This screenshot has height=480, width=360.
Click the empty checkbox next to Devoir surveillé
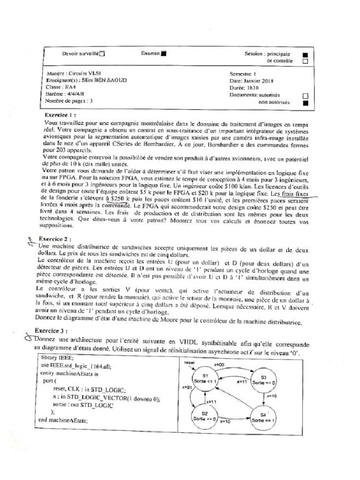coord(103,54)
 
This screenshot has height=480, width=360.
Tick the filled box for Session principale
coord(305,54)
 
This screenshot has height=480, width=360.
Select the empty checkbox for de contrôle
coord(305,61)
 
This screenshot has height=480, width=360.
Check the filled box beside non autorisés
coord(305,103)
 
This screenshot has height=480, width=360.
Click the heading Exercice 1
coord(61,115)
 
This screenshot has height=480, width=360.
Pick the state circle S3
coord(263,380)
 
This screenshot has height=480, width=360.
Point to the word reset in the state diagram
coord(189,362)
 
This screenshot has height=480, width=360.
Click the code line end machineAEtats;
coord(63,420)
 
